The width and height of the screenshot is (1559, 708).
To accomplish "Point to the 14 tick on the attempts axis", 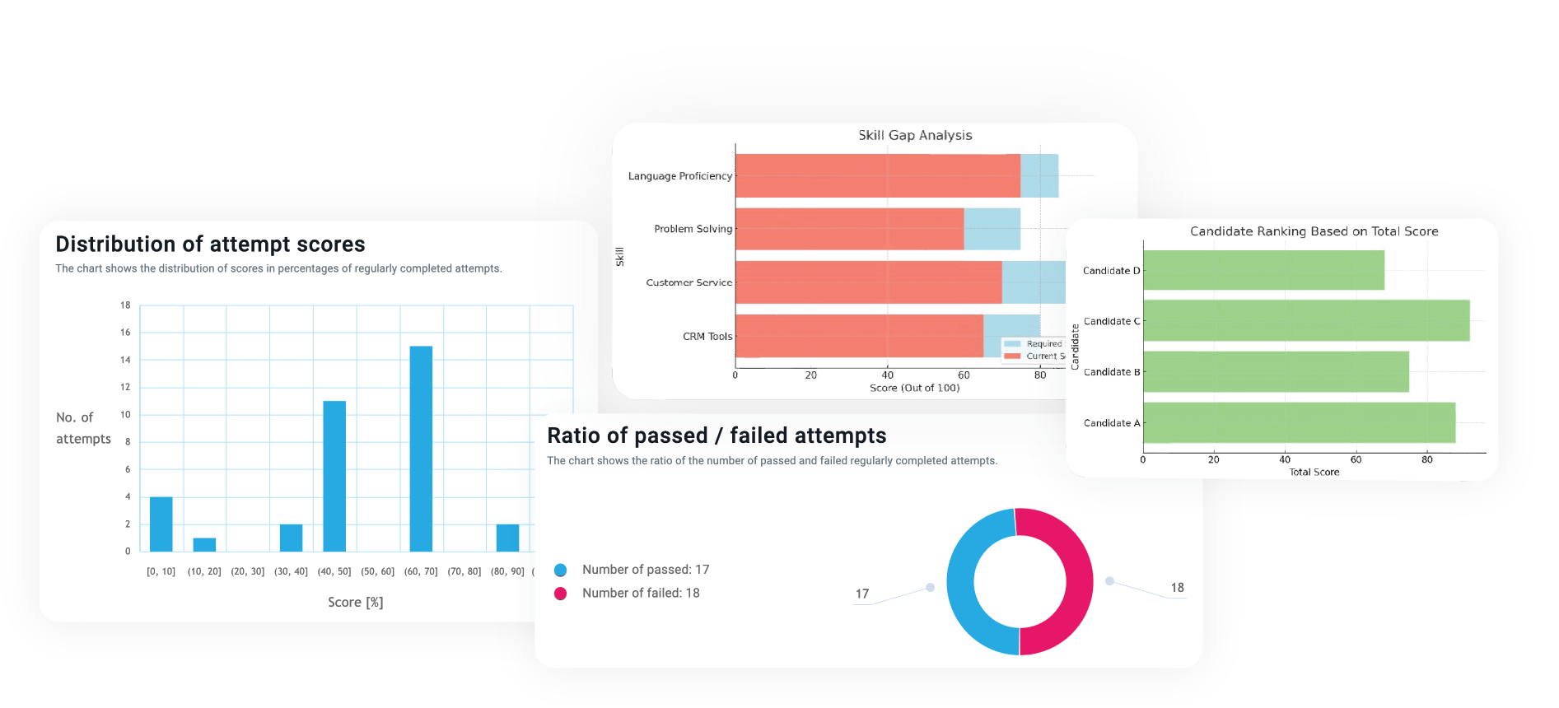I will click(125, 360).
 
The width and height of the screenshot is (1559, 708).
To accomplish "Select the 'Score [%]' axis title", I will click(355, 602).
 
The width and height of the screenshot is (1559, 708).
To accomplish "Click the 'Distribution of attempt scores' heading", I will click(210, 245).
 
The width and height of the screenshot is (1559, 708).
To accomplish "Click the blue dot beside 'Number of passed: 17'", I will click(561, 570).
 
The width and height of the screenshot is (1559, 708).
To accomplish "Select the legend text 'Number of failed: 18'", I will click(641, 593).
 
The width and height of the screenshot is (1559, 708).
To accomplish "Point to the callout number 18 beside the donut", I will click(1177, 588).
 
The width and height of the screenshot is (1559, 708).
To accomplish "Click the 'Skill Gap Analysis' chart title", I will click(915, 135).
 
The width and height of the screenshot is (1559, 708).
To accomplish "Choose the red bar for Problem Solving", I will click(849, 229).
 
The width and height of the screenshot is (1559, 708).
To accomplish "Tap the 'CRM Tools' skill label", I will click(707, 336).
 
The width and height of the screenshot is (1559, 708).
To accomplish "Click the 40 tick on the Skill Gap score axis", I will click(887, 375).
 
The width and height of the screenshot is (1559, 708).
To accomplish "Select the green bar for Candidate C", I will click(1305, 320).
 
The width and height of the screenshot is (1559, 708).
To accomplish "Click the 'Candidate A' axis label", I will click(1111, 423).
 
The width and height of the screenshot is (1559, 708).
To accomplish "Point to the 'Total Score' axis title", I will click(1314, 472).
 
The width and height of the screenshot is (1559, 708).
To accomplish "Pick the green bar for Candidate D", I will click(1263, 270).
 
